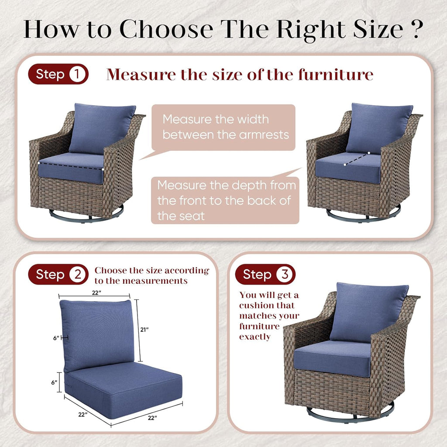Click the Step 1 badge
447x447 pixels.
click(x=58, y=74)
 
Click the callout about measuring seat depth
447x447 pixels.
click(x=226, y=200)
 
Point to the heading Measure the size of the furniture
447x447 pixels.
click(x=240, y=75)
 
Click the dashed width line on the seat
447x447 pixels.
click(x=71, y=165)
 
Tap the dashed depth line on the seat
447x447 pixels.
click(x=357, y=159)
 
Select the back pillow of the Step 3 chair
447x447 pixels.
click(x=369, y=311)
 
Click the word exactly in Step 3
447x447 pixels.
click(x=254, y=337)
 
